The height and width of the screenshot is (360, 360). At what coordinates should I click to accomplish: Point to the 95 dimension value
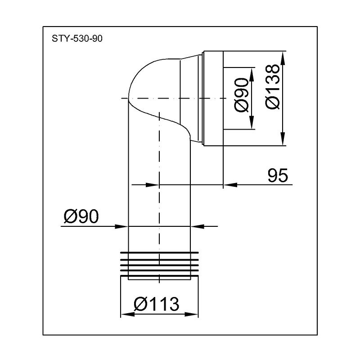pyautogui.click(x=277, y=175)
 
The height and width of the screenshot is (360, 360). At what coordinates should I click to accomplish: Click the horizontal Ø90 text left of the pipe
pyautogui.click(x=81, y=217)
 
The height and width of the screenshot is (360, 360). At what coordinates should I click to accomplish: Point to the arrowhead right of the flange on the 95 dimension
pyautogui.click(x=229, y=184)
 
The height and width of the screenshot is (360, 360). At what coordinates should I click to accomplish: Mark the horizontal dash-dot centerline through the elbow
pyautogui.click(x=171, y=98)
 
